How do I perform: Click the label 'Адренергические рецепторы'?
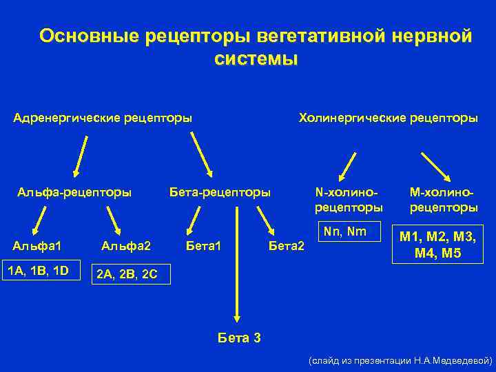(103, 118)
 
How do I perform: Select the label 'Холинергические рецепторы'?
(388, 118)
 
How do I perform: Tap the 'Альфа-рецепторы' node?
(74, 192)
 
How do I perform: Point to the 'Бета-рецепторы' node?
(220, 192)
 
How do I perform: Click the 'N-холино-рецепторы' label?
(349, 200)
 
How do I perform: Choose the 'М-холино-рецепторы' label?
(444, 200)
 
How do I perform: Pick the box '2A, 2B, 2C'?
(127, 274)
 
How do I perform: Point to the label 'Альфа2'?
(125, 245)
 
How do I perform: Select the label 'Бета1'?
(205, 245)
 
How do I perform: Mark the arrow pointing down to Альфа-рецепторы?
(81, 155)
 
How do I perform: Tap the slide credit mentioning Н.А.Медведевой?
(400, 360)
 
